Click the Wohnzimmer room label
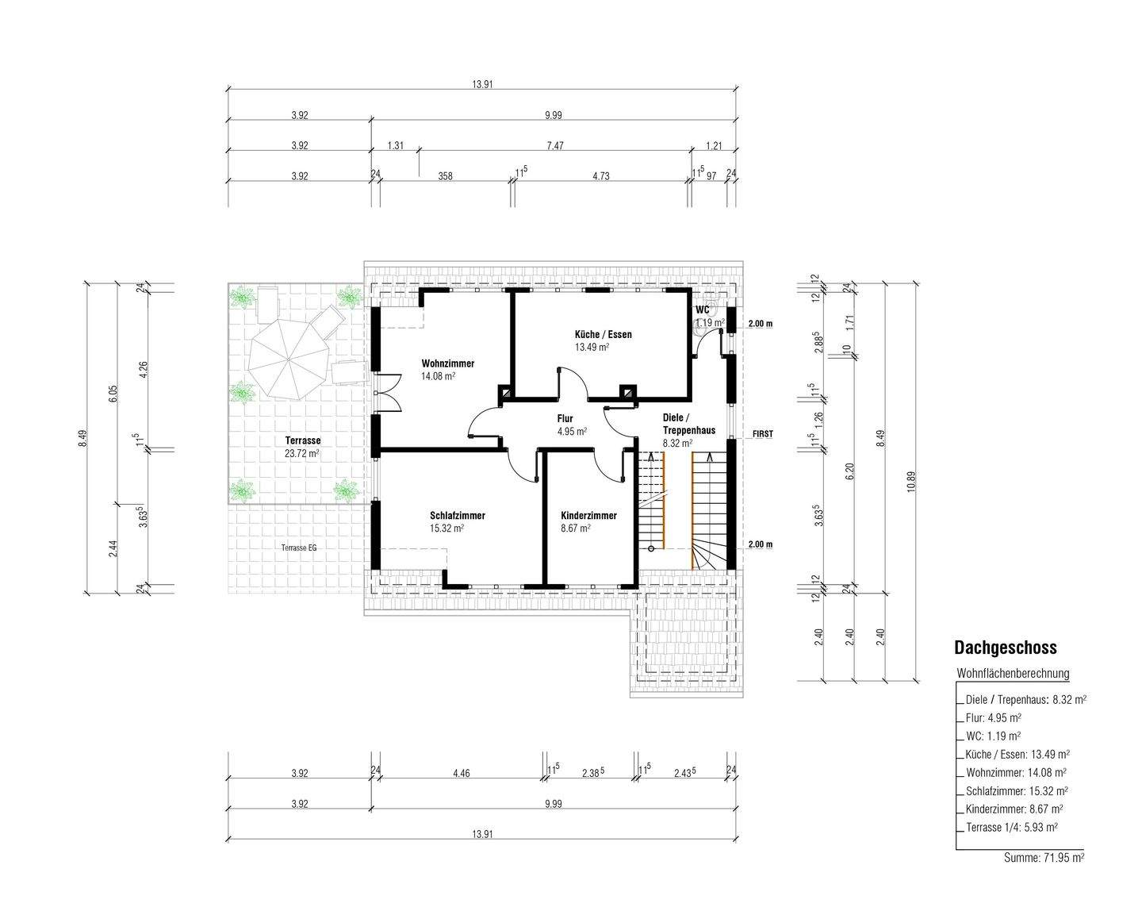(448, 364)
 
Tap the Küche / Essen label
(604, 335)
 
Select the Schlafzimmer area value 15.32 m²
(446, 529)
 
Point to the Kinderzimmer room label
(588, 516)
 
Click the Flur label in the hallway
(565, 418)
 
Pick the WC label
(702, 309)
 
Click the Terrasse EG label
(299, 548)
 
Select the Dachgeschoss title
(1005, 648)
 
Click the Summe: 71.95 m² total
(1044, 858)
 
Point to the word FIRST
(763, 434)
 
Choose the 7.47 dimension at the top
(555, 145)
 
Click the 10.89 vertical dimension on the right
(912, 482)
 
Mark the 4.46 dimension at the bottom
(461, 774)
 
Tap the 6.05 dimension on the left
(113, 394)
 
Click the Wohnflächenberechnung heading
(1013, 674)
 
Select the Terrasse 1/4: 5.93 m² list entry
(1011, 828)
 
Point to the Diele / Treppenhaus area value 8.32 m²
(677, 443)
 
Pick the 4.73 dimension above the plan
(600, 176)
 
